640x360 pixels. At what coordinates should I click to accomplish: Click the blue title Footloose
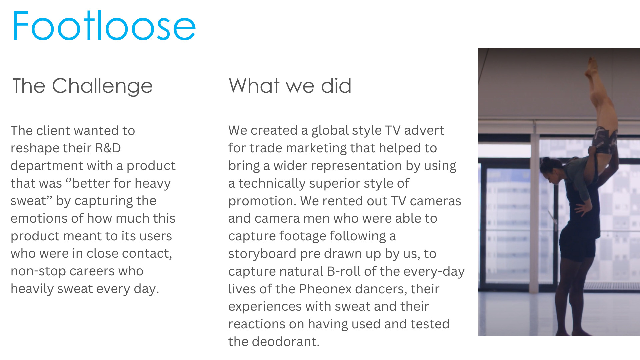tap(104, 26)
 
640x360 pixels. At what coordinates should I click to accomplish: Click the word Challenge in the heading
tap(102, 86)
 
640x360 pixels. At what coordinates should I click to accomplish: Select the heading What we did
tap(290, 86)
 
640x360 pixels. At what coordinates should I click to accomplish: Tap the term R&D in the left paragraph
tap(108, 148)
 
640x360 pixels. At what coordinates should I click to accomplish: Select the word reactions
tap(256, 324)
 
